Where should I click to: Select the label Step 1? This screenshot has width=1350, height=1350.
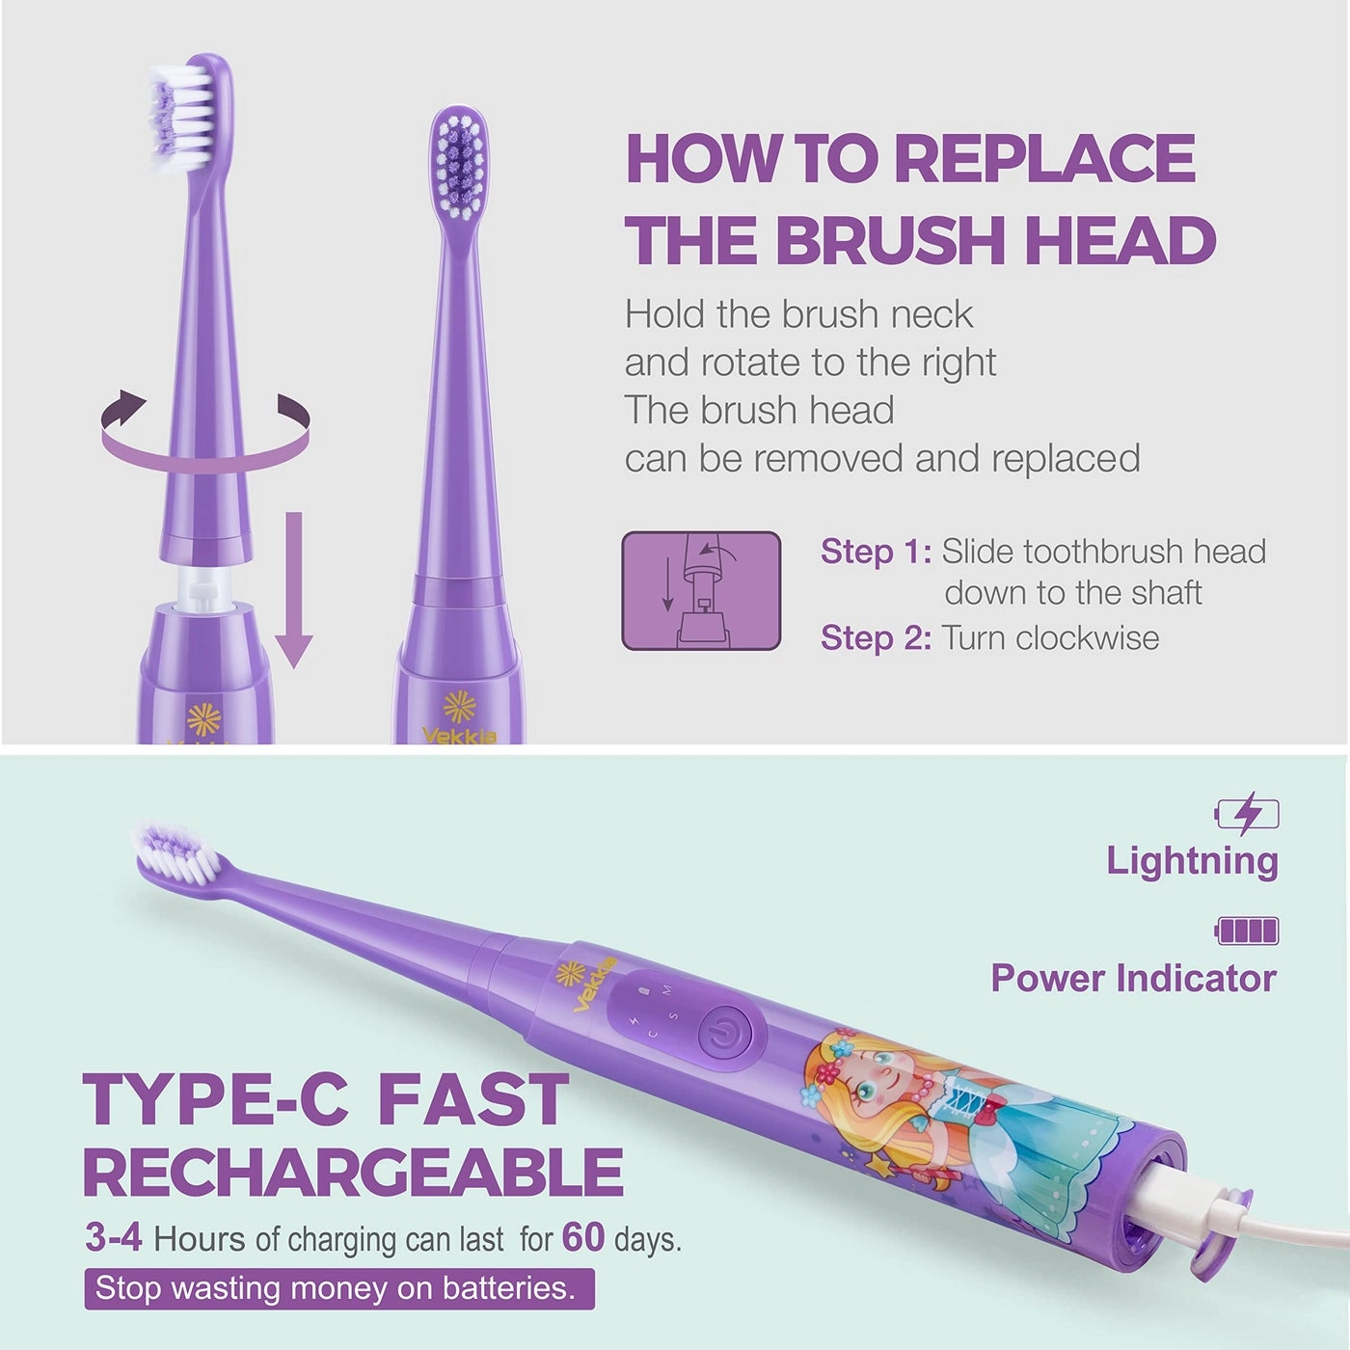tap(876, 552)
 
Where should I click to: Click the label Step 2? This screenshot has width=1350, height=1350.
tap(876, 637)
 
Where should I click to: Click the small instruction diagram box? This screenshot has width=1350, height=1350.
tap(701, 590)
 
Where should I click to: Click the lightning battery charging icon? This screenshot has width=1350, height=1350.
tap(1247, 815)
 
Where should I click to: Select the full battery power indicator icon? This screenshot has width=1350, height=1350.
tap(1248, 931)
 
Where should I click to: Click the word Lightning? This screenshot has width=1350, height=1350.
tap(1192, 860)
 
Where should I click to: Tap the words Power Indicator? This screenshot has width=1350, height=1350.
tap(1134, 978)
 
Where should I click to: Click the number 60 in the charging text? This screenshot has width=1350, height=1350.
tap(582, 1237)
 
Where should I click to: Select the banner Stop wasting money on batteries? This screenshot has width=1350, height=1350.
tap(338, 1288)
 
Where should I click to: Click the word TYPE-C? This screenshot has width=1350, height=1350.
tap(215, 1098)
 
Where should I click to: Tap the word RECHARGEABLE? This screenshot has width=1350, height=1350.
tap(353, 1173)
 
